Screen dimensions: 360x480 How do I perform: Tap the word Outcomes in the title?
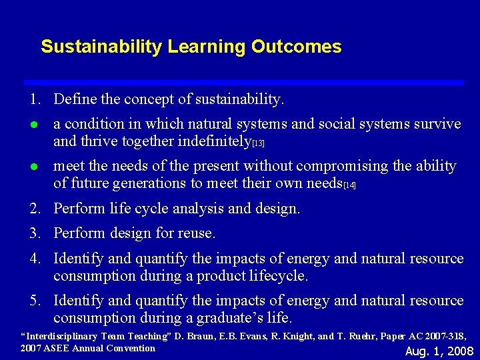pyautogui.click(x=305, y=47)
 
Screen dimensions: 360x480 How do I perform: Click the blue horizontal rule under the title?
pyautogui.click(x=243, y=82)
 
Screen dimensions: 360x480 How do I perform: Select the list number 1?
pyautogui.click(x=34, y=100)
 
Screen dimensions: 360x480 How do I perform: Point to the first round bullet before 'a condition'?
pyautogui.click(x=33, y=125)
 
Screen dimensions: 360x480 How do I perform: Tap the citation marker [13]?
pyautogui.click(x=258, y=143)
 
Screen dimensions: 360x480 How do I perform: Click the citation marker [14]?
pyautogui.click(x=349, y=185)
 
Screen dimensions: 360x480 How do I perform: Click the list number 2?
pyautogui.click(x=34, y=209)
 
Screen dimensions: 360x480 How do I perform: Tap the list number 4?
pyautogui.click(x=34, y=259)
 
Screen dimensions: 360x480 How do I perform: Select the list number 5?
pyautogui.click(x=34, y=301)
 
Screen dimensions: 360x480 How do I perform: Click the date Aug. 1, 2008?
pyautogui.click(x=439, y=351)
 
